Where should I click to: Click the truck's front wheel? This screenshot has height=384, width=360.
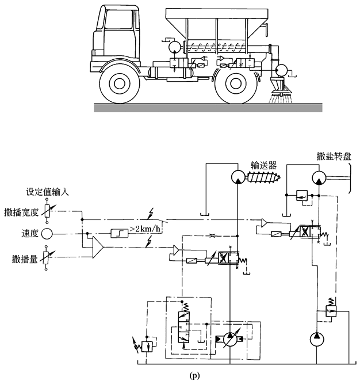point(119,82)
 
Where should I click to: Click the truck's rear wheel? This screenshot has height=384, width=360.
point(235,82)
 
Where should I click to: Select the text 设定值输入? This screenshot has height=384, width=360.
point(47,192)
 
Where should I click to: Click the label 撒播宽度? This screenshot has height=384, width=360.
point(21,212)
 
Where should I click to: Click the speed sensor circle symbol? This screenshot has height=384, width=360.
point(46,235)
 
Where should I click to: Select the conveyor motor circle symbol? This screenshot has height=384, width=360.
point(238,177)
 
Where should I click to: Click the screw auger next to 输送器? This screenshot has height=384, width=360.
point(264,178)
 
